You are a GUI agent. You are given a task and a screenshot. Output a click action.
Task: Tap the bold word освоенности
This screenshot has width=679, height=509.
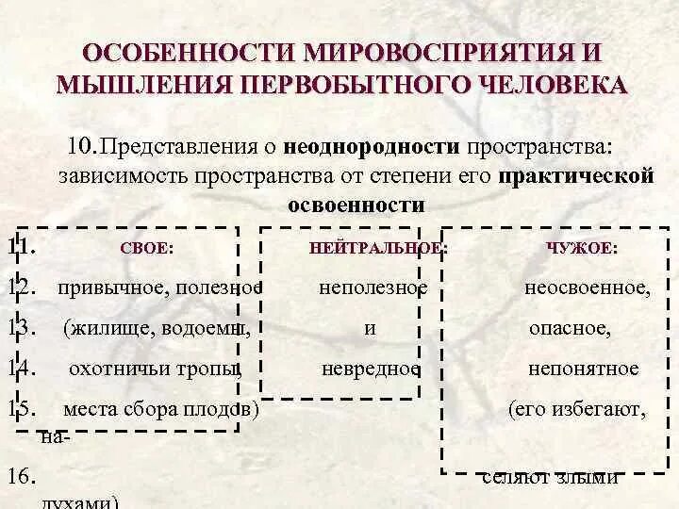coord(355,205)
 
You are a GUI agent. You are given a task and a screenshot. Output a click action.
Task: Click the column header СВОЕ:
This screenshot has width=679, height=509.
coord(148,248)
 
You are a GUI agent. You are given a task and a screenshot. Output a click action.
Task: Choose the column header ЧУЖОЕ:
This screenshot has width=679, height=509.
coord(582,248)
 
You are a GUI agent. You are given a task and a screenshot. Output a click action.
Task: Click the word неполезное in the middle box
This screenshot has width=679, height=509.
coord(373,287)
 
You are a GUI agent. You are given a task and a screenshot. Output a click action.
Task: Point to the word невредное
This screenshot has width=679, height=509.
coord(370,369)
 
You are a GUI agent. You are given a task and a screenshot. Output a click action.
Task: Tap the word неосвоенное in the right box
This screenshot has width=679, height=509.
coord(587,287)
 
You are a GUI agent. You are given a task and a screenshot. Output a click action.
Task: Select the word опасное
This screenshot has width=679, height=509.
coord(570,328)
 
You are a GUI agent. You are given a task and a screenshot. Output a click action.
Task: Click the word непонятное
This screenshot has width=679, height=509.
coord(583,369)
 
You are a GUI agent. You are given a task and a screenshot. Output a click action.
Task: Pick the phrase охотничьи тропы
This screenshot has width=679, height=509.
coord(156,369)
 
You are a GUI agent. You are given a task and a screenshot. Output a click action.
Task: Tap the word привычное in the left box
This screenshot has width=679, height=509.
coord(103,287)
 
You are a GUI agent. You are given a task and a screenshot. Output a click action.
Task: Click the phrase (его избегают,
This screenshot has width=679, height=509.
coord(576,410)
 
